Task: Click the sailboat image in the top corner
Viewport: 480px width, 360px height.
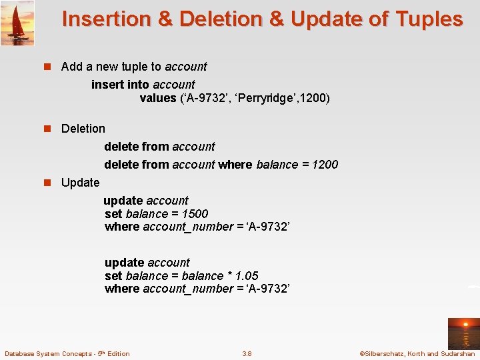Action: [x=17, y=23]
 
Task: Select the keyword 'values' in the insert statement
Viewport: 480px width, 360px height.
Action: [x=158, y=99]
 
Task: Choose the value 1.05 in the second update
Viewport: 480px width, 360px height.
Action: [x=247, y=276]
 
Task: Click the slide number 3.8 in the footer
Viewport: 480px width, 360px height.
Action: [x=247, y=353]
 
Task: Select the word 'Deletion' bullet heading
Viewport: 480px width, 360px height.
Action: [x=83, y=129]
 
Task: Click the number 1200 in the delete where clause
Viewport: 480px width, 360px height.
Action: [x=325, y=165]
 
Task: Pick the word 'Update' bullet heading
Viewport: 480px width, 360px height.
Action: [x=80, y=183]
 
